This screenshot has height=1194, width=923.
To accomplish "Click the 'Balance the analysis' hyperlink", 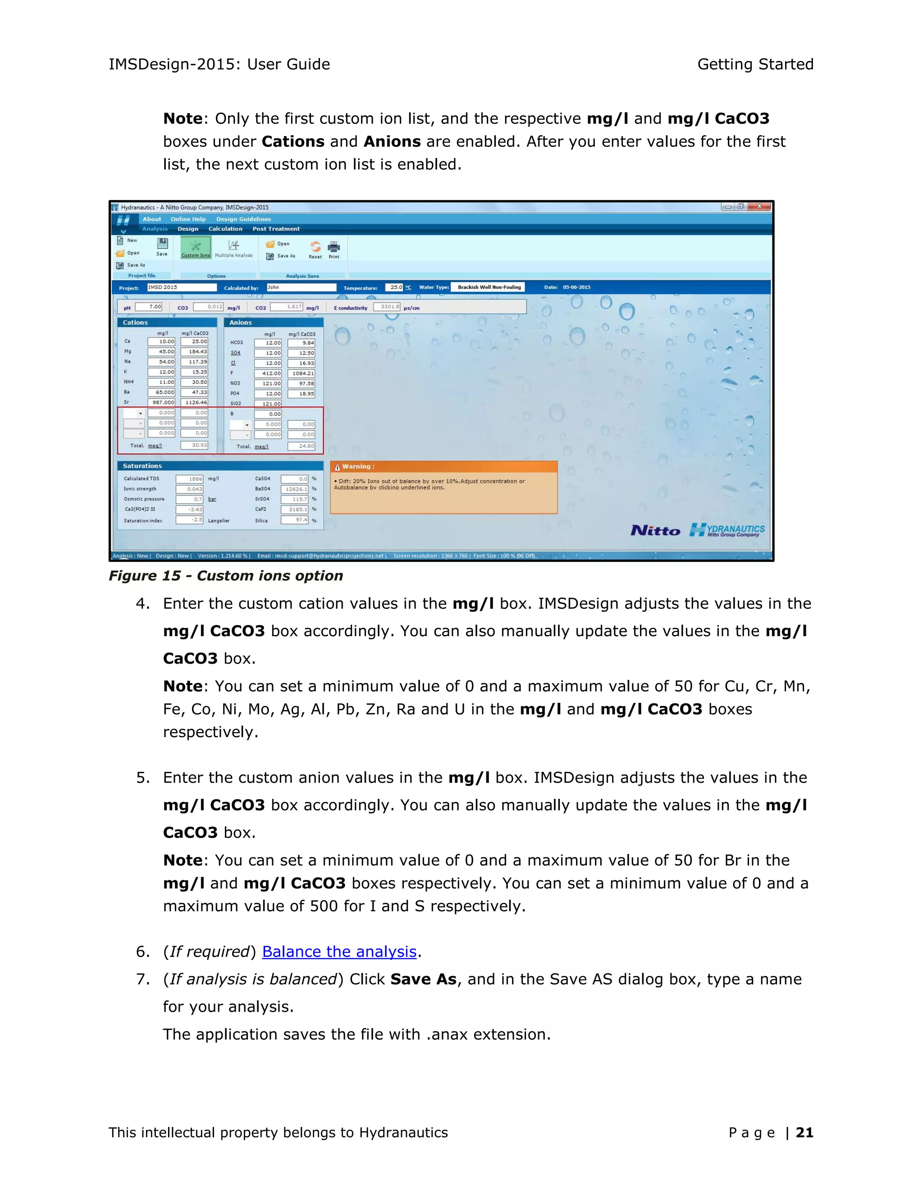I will (x=339, y=952).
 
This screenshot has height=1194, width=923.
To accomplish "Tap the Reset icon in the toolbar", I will (x=315, y=249).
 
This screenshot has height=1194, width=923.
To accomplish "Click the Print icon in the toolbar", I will (x=334, y=249).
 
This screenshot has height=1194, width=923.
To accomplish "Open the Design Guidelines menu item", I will (x=243, y=219).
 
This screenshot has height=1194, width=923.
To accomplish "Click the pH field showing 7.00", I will (x=149, y=307).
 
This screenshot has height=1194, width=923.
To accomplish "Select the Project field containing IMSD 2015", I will (x=182, y=287).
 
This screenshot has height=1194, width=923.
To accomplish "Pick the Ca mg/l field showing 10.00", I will (x=161, y=342).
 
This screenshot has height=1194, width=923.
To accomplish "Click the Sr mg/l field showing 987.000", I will (x=161, y=402).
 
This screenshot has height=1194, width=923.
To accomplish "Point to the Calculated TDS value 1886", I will (x=189, y=479).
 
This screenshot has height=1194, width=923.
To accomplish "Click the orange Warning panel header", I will (x=443, y=466).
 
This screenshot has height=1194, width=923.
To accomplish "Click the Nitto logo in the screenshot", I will (x=655, y=530).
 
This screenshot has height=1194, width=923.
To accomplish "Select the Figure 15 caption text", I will (x=225, y=576).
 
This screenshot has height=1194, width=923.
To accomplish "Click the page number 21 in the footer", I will (x=804, y=1132).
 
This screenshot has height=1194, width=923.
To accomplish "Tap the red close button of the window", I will (x=759, y=207).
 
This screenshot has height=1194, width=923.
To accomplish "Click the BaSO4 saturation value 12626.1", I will (x=295, y=489).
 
